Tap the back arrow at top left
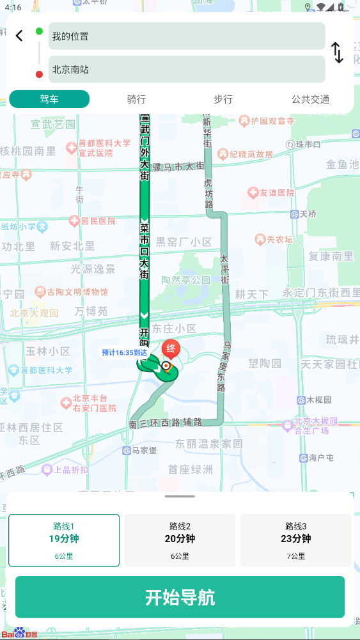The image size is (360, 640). pos(19,36)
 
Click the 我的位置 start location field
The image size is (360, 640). pos(187,36)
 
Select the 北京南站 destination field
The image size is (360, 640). pos(187,69)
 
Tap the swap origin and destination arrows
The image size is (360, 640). pos(338,52)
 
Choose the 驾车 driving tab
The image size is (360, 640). pos(49,99)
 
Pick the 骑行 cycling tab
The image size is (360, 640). pos(136,99)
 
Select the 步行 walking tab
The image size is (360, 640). pos(223,99)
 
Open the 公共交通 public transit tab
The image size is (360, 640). pos(310,99)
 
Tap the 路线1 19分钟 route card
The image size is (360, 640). pos(64,540)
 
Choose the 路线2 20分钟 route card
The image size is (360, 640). pos(180,540)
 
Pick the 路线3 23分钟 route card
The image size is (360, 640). pos(296,540)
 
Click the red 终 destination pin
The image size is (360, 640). pos(171,349)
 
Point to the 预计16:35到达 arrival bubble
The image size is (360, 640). pos(124,352)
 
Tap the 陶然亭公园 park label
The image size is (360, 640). pos(185,280)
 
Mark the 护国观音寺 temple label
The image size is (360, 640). pos(267,120)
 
